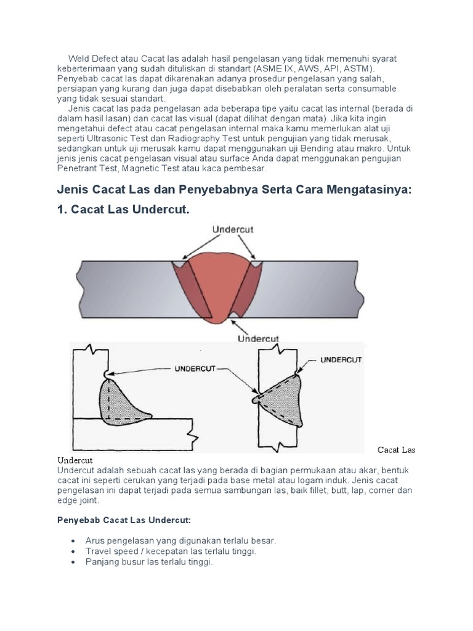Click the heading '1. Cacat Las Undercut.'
click(x=123, y=210)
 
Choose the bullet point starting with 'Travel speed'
click(x=171, y=552)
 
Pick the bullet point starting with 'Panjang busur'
click(x=149, y=563)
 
